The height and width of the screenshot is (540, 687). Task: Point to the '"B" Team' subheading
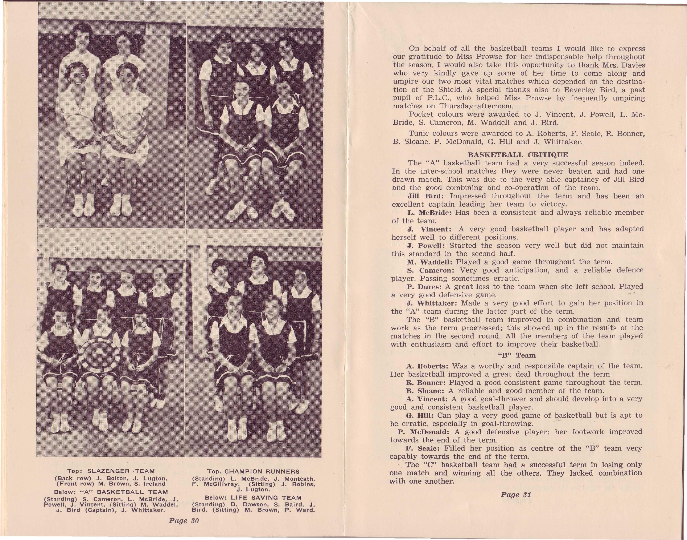(517, 355)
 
